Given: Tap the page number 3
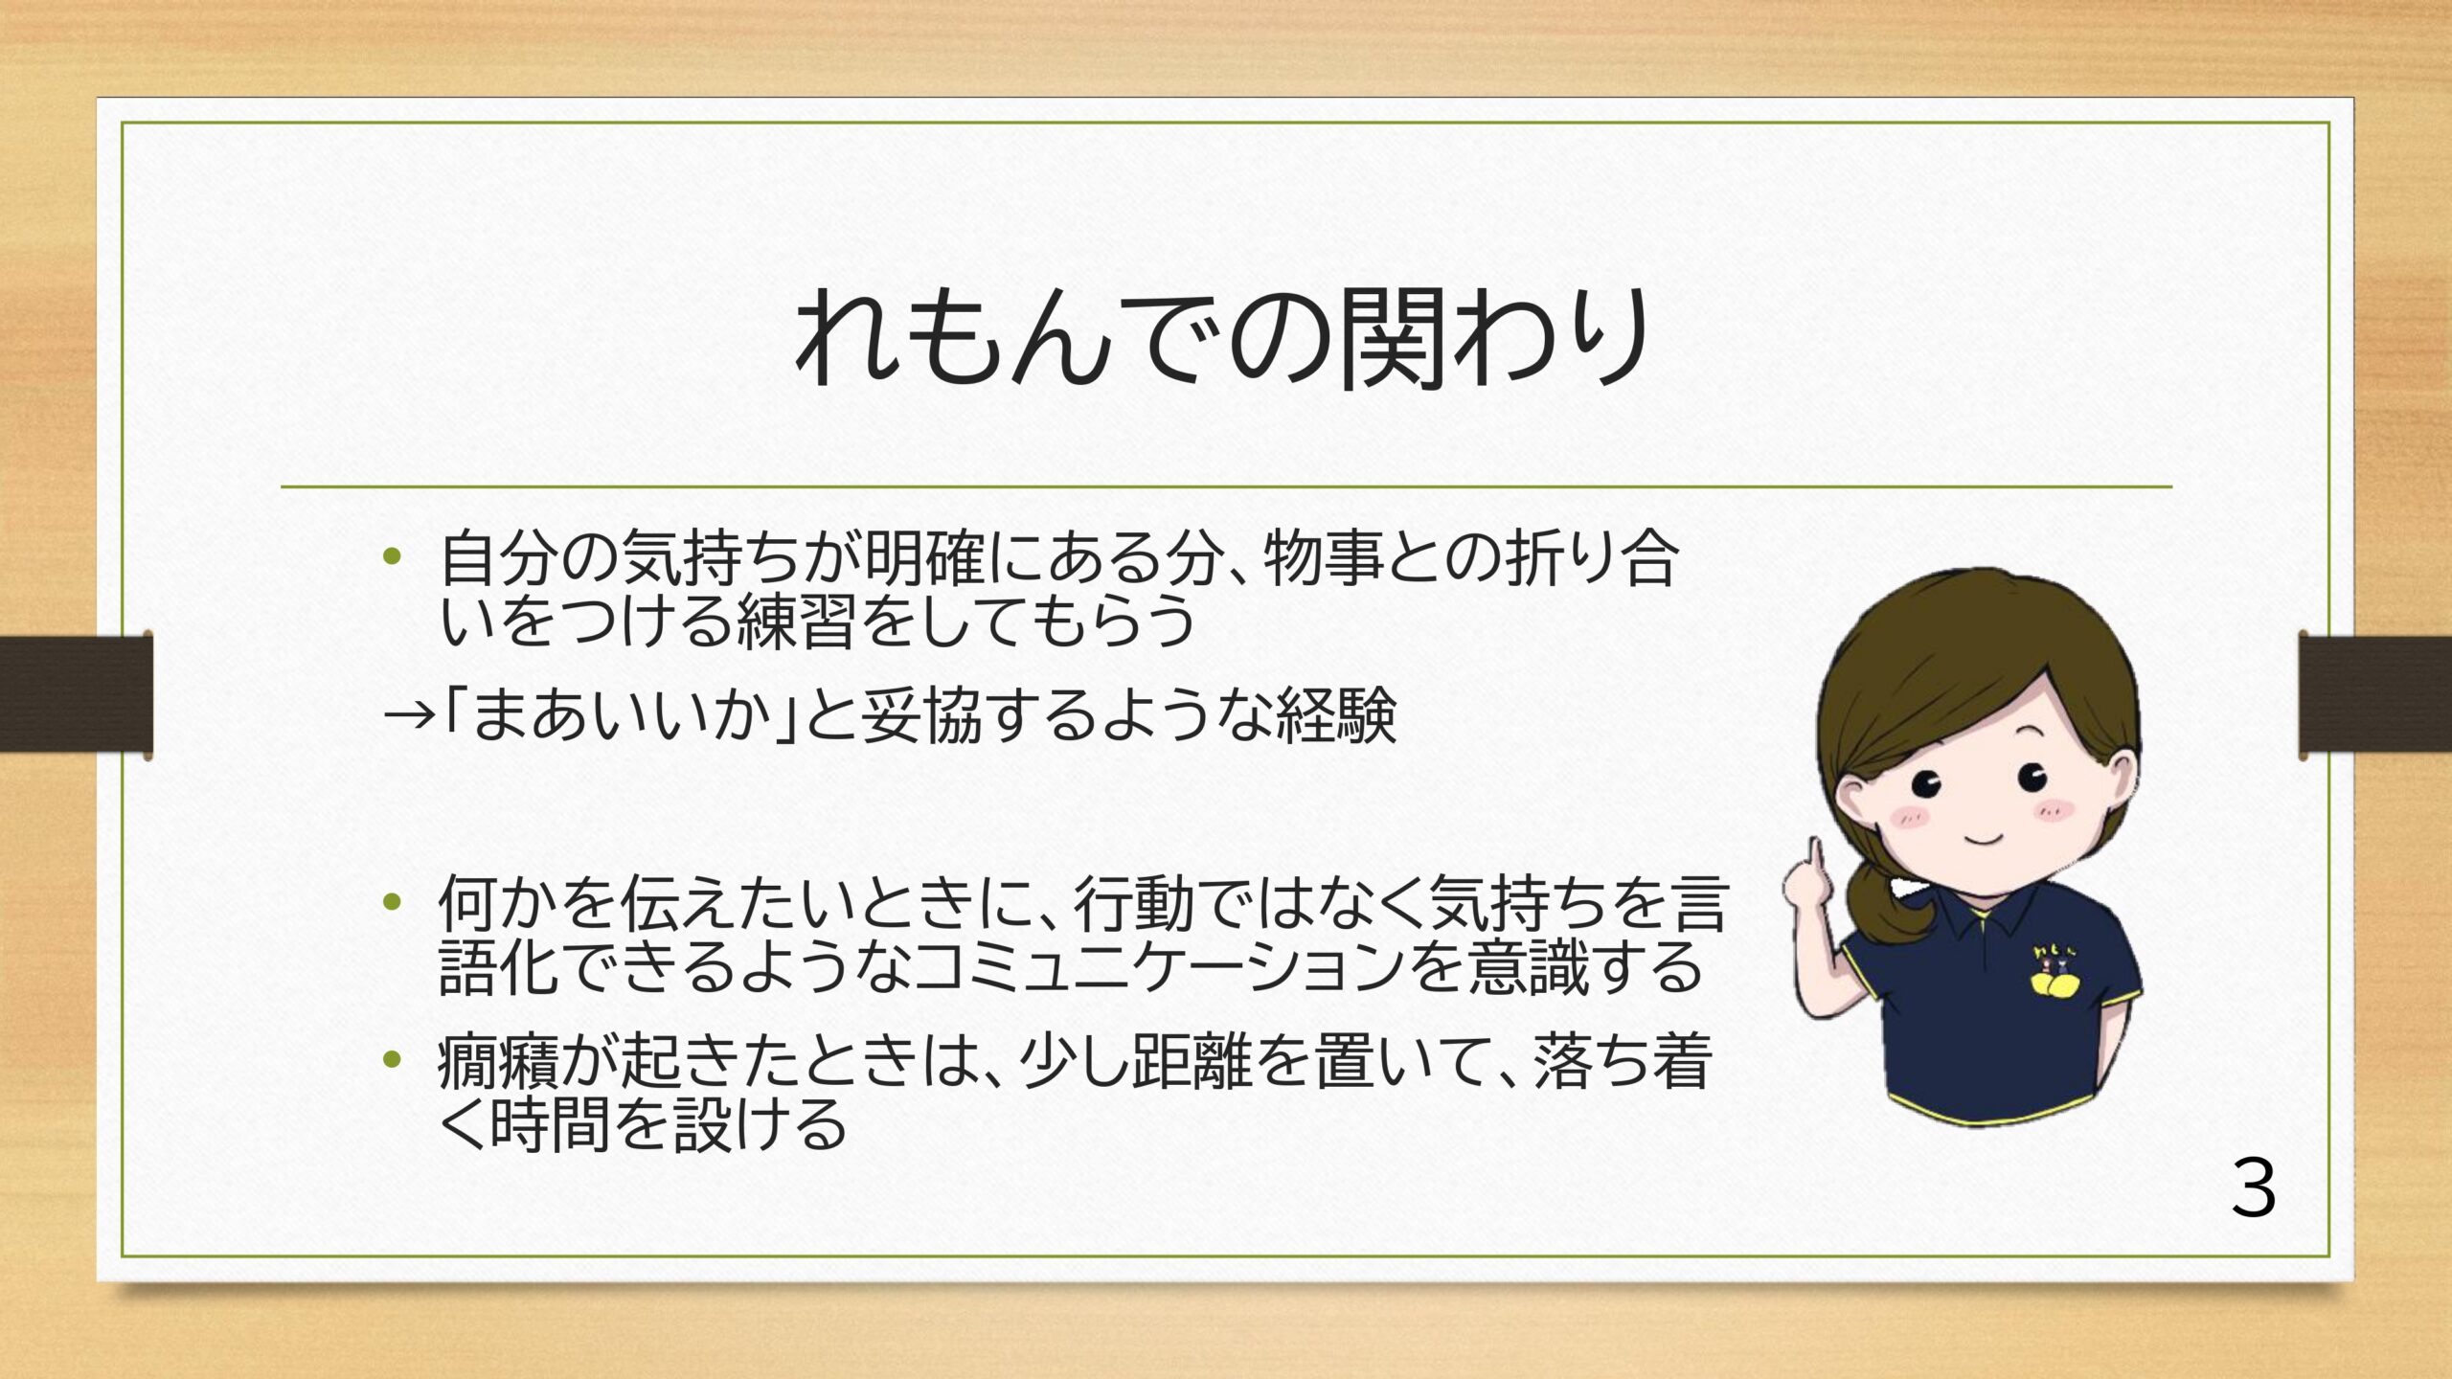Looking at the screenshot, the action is click(2254, 1187).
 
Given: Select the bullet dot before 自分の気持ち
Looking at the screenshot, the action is click(390, 556).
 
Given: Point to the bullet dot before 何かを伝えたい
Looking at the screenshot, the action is click(390, 902).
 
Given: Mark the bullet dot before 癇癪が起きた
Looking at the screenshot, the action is click(390, 1059).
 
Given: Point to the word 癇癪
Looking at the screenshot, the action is click(498, 1061).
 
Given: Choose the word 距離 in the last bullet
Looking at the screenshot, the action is click(1192, 1061).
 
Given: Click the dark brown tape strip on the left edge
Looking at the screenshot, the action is click(76, 693).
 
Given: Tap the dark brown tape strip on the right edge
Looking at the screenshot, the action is click(2376, 693).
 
